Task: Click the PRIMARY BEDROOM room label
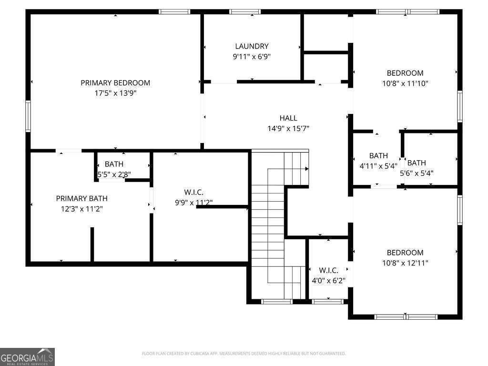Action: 115,83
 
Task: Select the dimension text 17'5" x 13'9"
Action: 115,93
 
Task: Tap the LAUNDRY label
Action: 252,46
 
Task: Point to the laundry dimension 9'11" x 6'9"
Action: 252,56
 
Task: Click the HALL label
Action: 288,118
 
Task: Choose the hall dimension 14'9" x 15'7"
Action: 288,128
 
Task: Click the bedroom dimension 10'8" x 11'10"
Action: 405,83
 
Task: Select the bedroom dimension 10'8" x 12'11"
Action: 405,263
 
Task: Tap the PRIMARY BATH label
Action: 82,198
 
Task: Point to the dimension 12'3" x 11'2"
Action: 82,209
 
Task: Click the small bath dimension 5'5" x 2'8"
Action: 114,174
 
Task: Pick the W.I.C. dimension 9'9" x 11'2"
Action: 193,203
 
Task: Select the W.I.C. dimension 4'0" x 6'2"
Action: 328,281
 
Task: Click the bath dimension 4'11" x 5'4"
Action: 378,166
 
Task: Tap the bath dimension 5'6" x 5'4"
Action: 417,173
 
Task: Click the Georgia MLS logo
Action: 28,356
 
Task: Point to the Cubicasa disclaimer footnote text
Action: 244,354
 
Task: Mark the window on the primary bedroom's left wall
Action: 28,116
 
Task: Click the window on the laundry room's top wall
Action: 244,12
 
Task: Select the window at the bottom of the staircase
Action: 277,301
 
